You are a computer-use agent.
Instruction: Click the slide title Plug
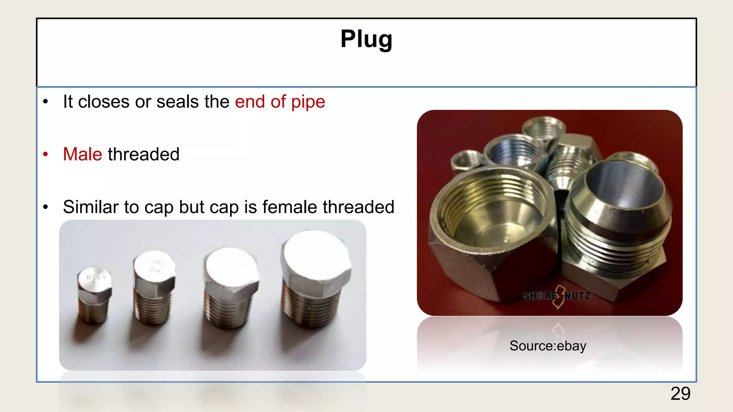pyautogui.click(x=366, y=39)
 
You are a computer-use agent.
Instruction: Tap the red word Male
pyautogui.click(x=83, y=154)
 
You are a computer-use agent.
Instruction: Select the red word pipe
pyautogui.click(x=308, y=102)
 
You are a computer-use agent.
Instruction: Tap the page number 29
pyautogui.click(x=680, y=394)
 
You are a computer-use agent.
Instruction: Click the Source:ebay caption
pyautogui.click(x=548, y=346)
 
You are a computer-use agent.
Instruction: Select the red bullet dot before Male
pyautogui.click(x=45, y=154)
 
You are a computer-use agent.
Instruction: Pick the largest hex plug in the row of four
pyautogui.click(x=315, y=279)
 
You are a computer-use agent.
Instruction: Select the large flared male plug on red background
pyautogui.click(x=616, y=222)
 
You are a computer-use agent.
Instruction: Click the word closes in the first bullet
pyautogui.click(x=104, y=102)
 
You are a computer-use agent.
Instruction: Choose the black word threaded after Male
pyautogui.click(x=144, y=154)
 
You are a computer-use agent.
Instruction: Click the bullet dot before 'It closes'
pyautogui.click(x=45, y=102)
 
